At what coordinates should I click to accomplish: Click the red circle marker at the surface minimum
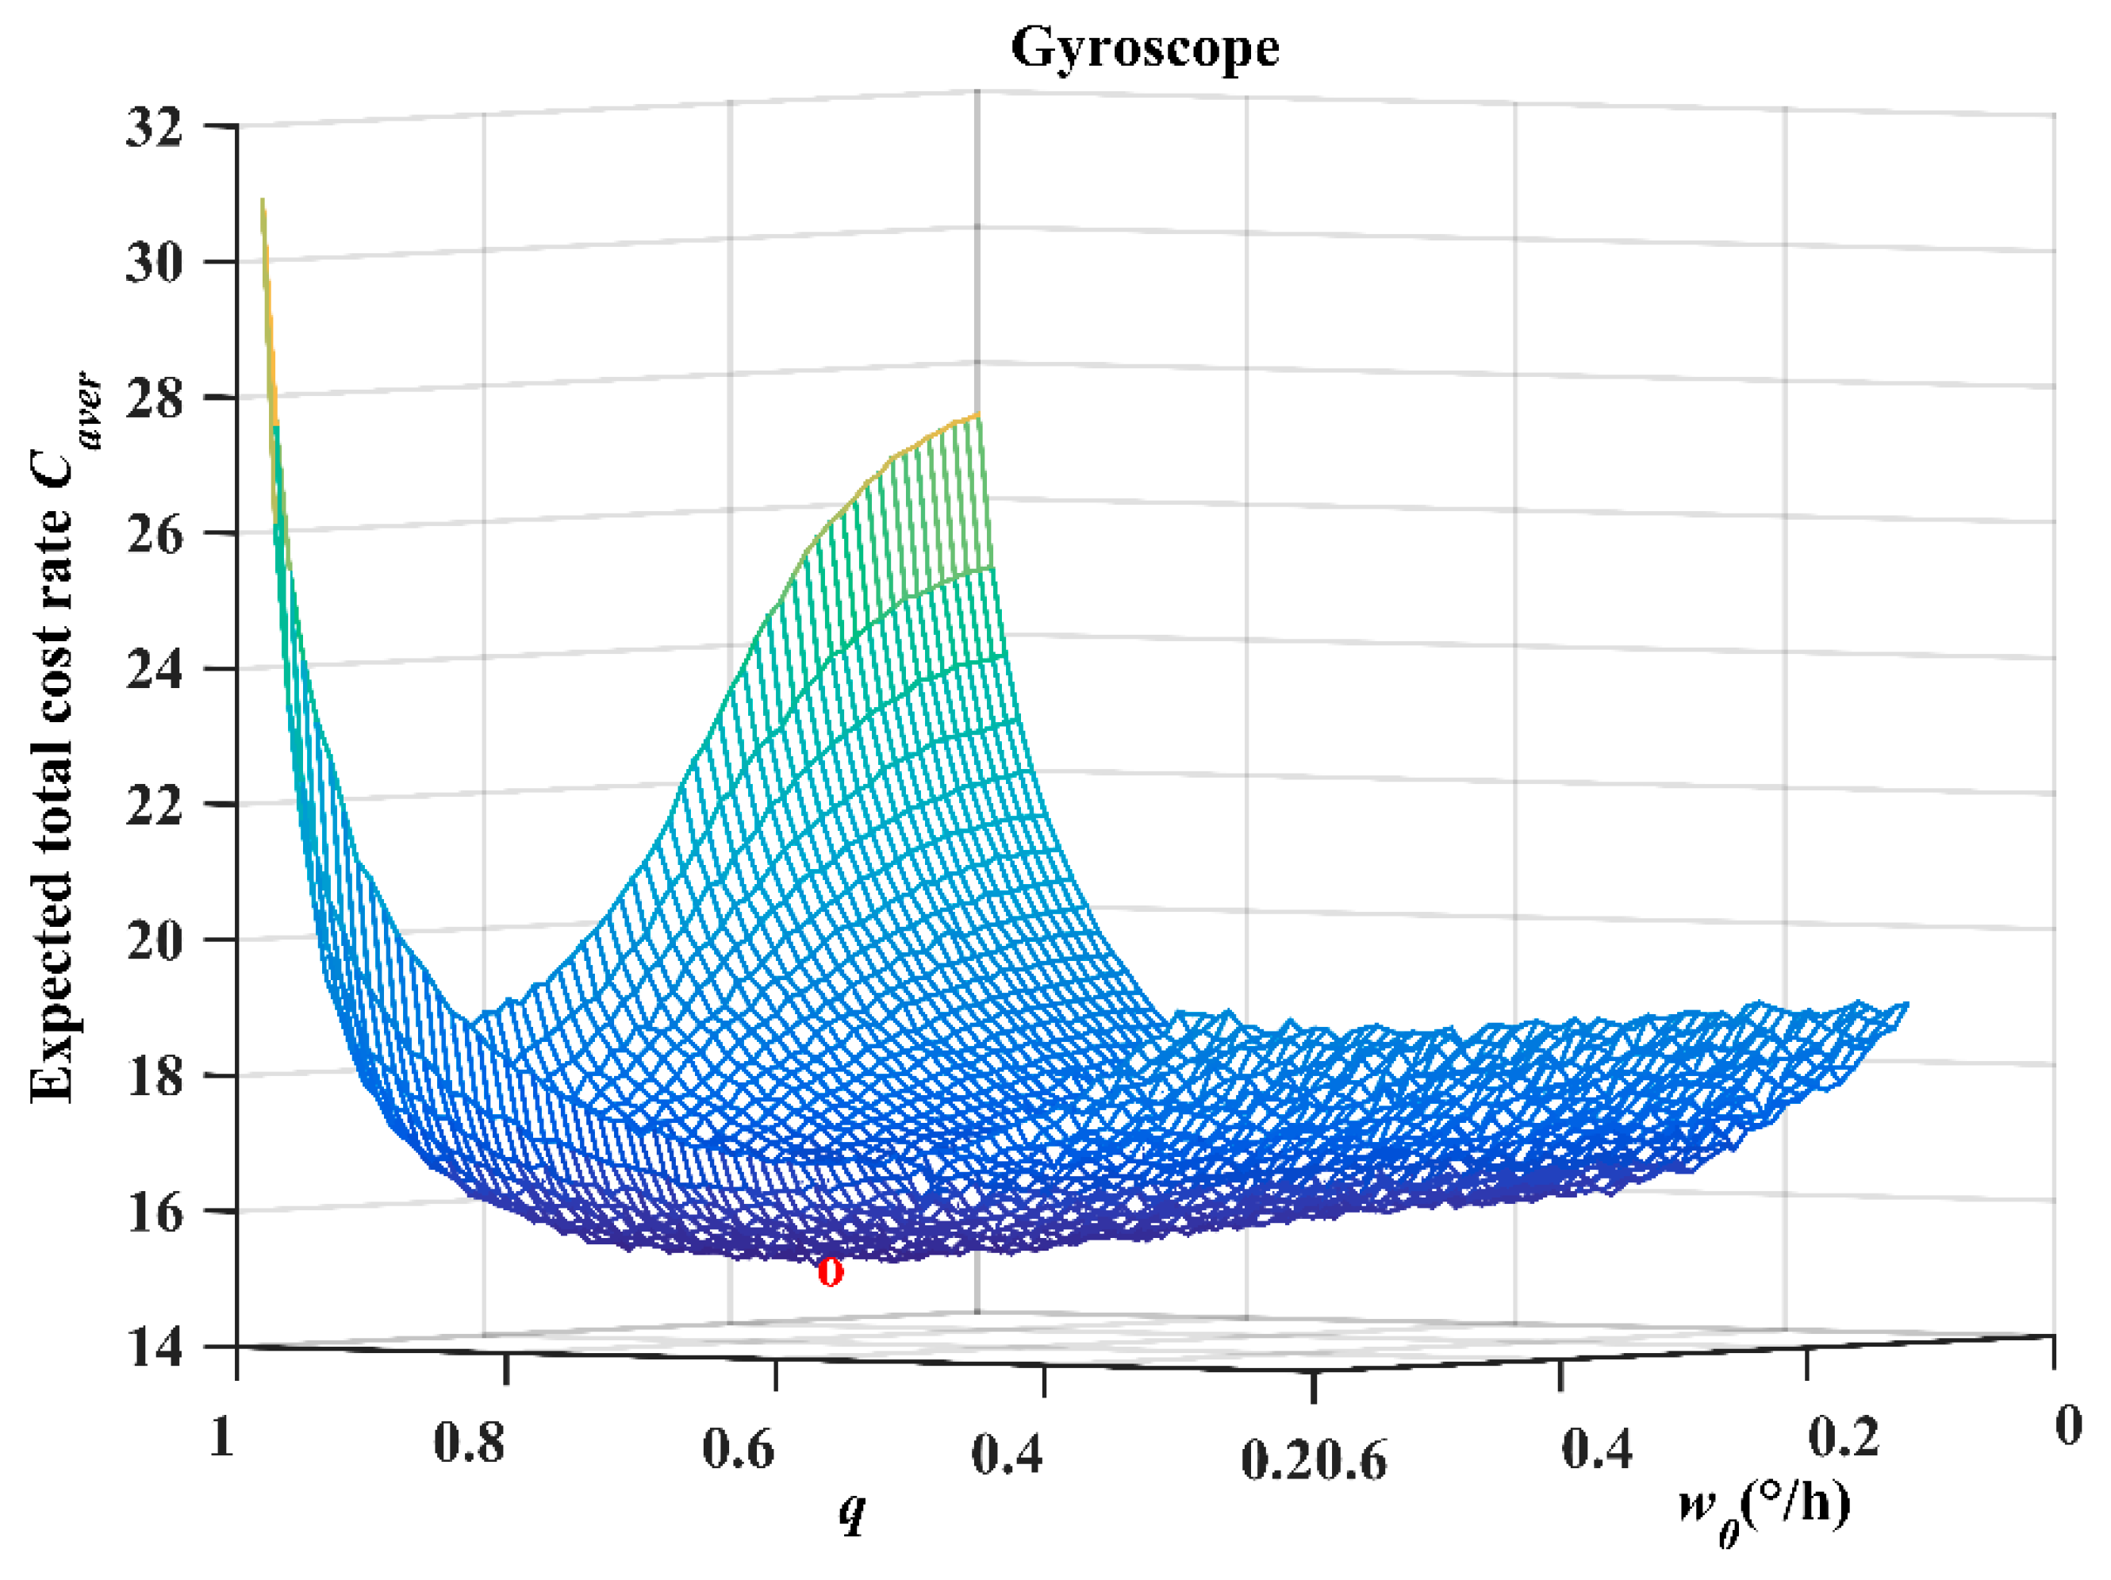(831, 1271)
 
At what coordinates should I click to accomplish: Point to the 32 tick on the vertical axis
(154, 127)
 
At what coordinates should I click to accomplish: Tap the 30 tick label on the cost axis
(154, 263)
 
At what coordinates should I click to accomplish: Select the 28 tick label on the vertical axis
(154, 398)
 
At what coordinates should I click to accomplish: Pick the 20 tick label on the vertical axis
(154, 941)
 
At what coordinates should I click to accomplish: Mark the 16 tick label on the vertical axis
(154, 1213)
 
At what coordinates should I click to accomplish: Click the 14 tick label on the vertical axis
(154, 1349)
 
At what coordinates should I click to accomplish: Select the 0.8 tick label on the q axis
(469, 1443)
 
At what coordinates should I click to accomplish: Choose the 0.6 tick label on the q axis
(738, 1449)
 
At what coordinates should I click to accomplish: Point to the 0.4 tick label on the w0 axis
(1597, 1449)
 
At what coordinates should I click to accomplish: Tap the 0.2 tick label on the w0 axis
(1844, 1437)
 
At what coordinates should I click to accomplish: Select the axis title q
(852, 1510)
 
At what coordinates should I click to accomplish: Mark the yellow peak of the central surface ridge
(975, 417)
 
